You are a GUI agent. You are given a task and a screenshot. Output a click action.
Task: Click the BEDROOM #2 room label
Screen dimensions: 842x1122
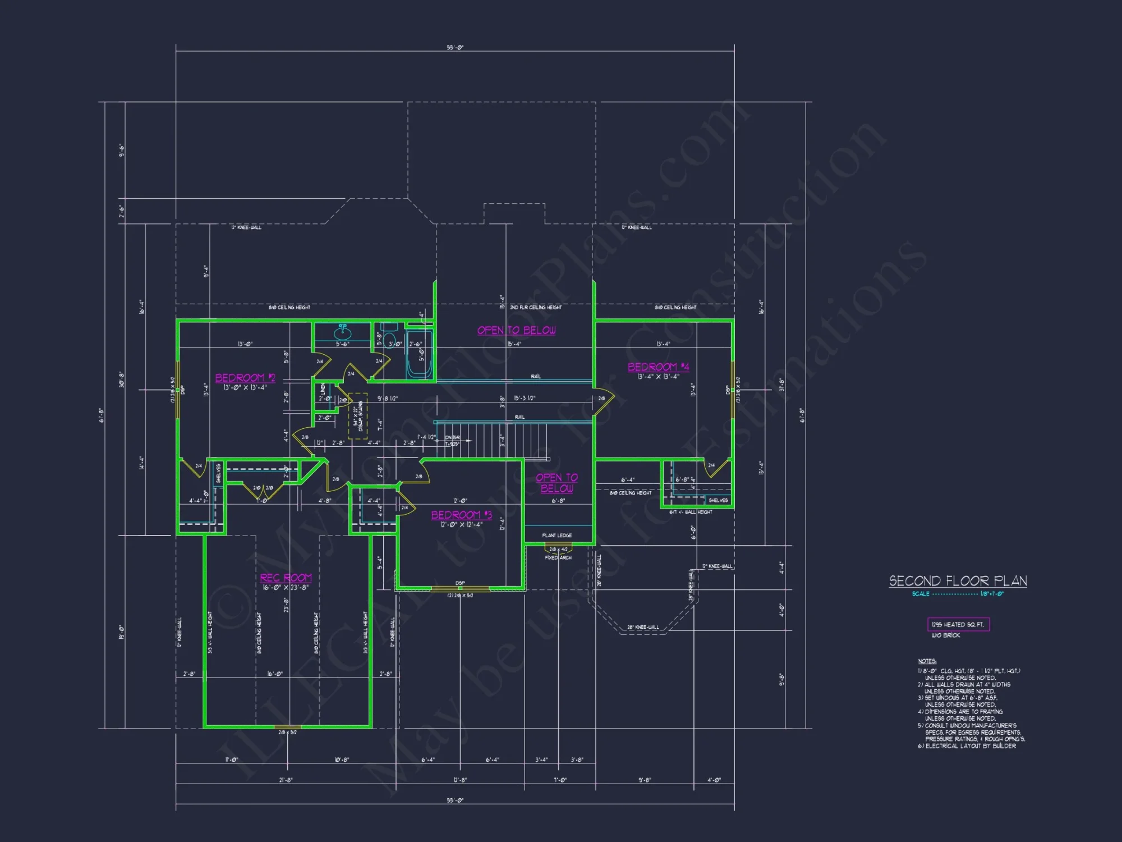click(x=245, y=378)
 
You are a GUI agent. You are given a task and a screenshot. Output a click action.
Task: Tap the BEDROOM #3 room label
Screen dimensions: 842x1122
click(x=461, y=515)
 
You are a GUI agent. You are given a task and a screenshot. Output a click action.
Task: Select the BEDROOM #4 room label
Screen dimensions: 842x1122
click(x=658, y=367)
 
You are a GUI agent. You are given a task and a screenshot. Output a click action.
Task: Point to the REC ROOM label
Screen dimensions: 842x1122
click(x=286, y=578)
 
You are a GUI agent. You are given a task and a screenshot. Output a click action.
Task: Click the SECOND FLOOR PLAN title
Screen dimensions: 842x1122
click(x=958, y=581)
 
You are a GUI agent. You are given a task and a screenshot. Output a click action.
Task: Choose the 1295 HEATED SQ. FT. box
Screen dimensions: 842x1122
click(x=958, y=624)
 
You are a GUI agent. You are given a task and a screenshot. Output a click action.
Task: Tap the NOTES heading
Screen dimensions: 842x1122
click(x=927, y=661)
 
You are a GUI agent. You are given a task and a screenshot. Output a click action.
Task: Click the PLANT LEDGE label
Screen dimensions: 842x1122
click(x=557, y=536)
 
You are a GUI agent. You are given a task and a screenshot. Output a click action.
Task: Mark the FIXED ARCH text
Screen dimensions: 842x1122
click(x=558, y=557)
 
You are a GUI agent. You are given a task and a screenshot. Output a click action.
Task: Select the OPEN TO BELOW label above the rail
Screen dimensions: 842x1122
click(x=516, y=330)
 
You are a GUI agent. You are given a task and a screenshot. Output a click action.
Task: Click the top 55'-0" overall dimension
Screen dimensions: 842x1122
click(x=455, y=48)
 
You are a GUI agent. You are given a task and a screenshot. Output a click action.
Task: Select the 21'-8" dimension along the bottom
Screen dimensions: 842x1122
click(x=286, y=780)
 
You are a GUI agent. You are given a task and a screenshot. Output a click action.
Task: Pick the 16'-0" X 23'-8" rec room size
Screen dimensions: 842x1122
click(x=286, y=588)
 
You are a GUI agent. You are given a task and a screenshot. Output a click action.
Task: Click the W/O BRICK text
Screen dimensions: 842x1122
click(x=946, y=635)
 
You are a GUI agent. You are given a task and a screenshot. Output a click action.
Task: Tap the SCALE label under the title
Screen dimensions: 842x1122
click(x=921, y=594)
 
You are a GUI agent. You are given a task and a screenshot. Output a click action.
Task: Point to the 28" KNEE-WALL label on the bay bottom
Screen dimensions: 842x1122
click(x=643, y=627)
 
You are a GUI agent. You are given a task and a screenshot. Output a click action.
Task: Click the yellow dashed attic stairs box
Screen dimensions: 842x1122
click(x=358, y=416)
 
